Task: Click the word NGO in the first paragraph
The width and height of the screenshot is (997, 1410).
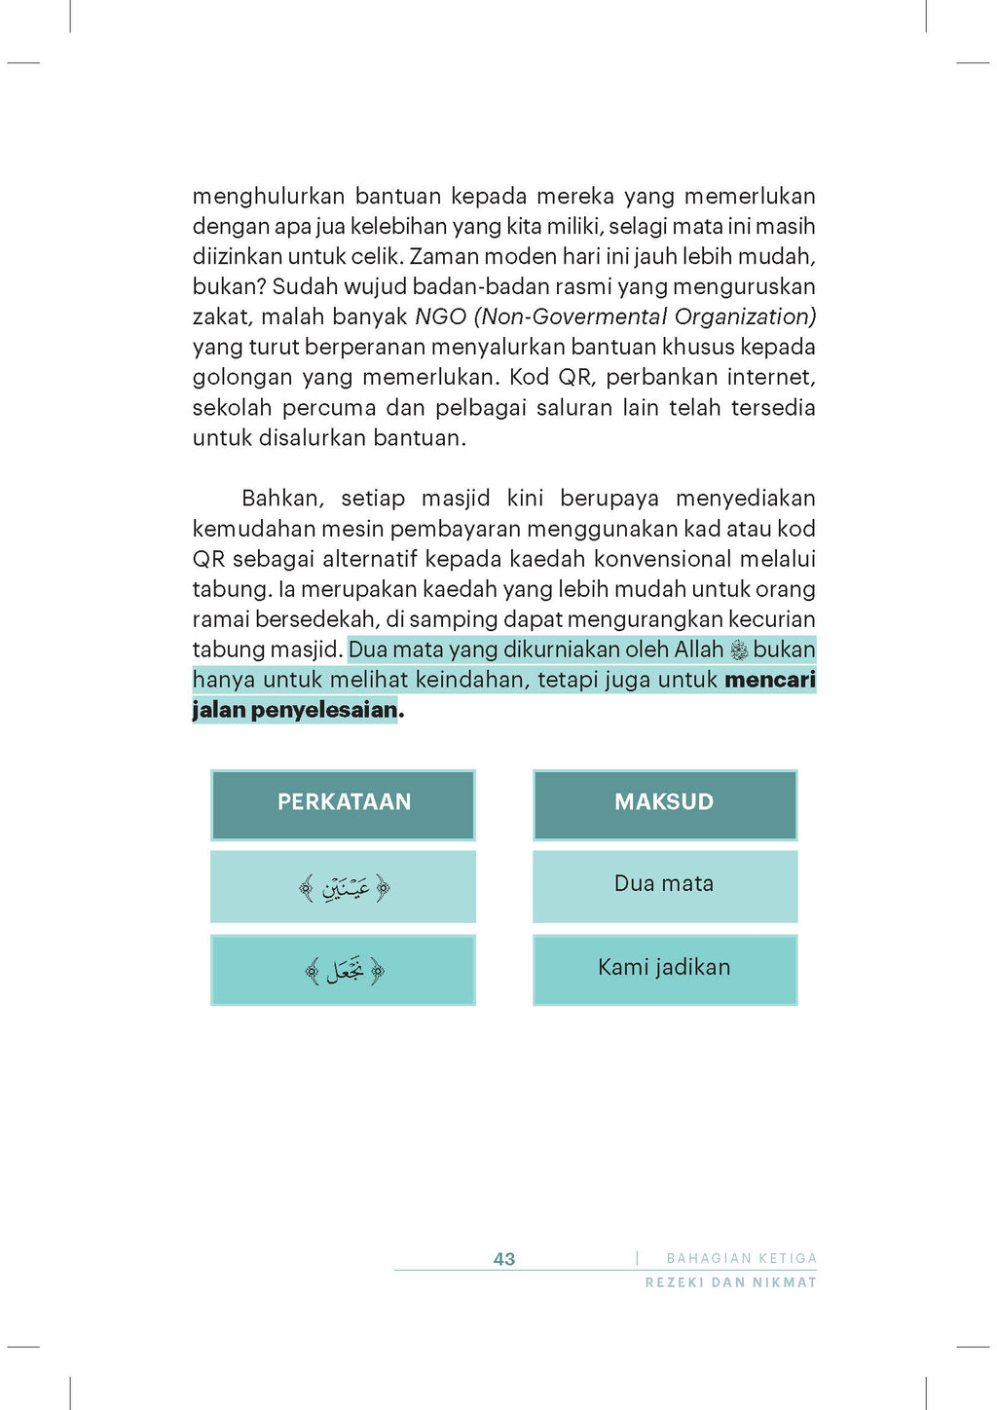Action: click(440, 317)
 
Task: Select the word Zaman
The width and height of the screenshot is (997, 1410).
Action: click(444, 257)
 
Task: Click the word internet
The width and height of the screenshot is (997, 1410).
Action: click(770, 378)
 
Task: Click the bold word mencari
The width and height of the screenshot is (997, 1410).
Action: click(769, 680)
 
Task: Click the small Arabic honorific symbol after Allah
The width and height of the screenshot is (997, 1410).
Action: click(739, 650)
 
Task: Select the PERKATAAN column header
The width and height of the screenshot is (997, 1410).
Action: click(344, 802)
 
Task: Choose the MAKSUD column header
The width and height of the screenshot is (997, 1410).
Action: click(664, 802)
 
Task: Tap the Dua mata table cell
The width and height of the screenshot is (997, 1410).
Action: click(664, 884)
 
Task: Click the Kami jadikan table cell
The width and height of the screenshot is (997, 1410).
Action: click(664, 968)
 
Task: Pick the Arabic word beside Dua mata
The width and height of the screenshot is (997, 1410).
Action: click(345, 887)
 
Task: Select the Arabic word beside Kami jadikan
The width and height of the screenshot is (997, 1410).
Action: click(345, 971)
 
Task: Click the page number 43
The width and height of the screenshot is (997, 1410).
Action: click(504, 1259)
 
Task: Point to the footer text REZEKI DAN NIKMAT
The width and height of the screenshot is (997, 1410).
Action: click(730, 1282)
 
